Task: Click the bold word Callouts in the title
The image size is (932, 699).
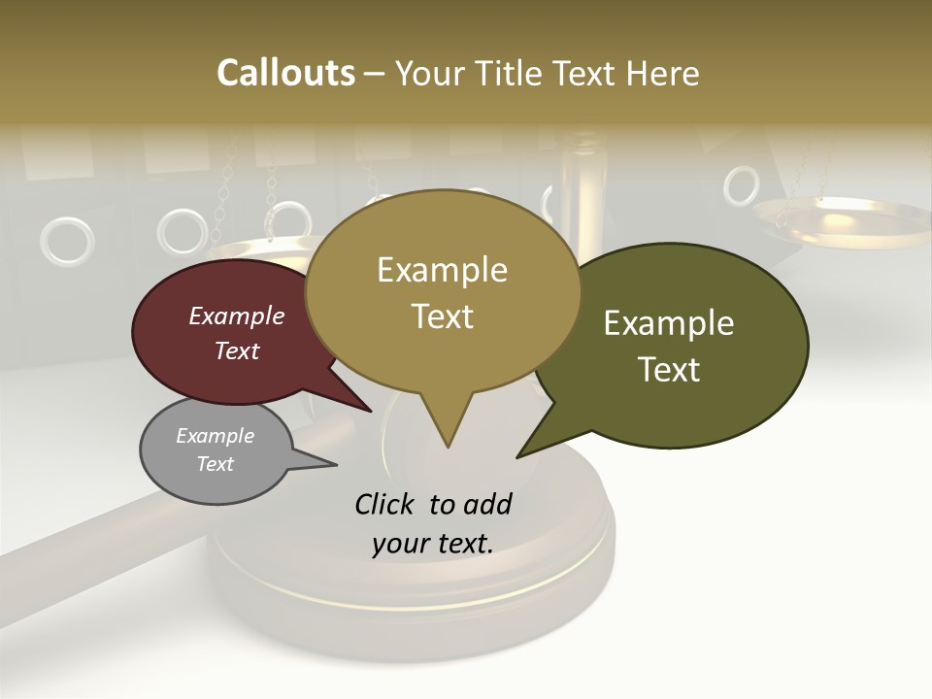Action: [x=285, y=73]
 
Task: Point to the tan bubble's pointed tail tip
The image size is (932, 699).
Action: [x=448, y=446]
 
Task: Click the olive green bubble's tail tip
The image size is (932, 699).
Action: [x=518, y=455]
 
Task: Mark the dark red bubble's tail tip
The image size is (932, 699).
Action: [x=371, y=411]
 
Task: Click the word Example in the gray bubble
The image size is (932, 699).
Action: [x=215, y=436]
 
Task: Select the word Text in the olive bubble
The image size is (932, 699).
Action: [x=669, y=370]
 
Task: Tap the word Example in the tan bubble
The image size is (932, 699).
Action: [x=442, y=270]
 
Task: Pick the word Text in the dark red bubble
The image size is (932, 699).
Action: [x=237, y=351]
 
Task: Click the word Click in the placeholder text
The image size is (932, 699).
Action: [x=384, y=504]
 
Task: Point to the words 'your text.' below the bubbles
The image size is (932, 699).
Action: [x=433, y=544]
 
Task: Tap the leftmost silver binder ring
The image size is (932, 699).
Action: [x=67, y=241]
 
